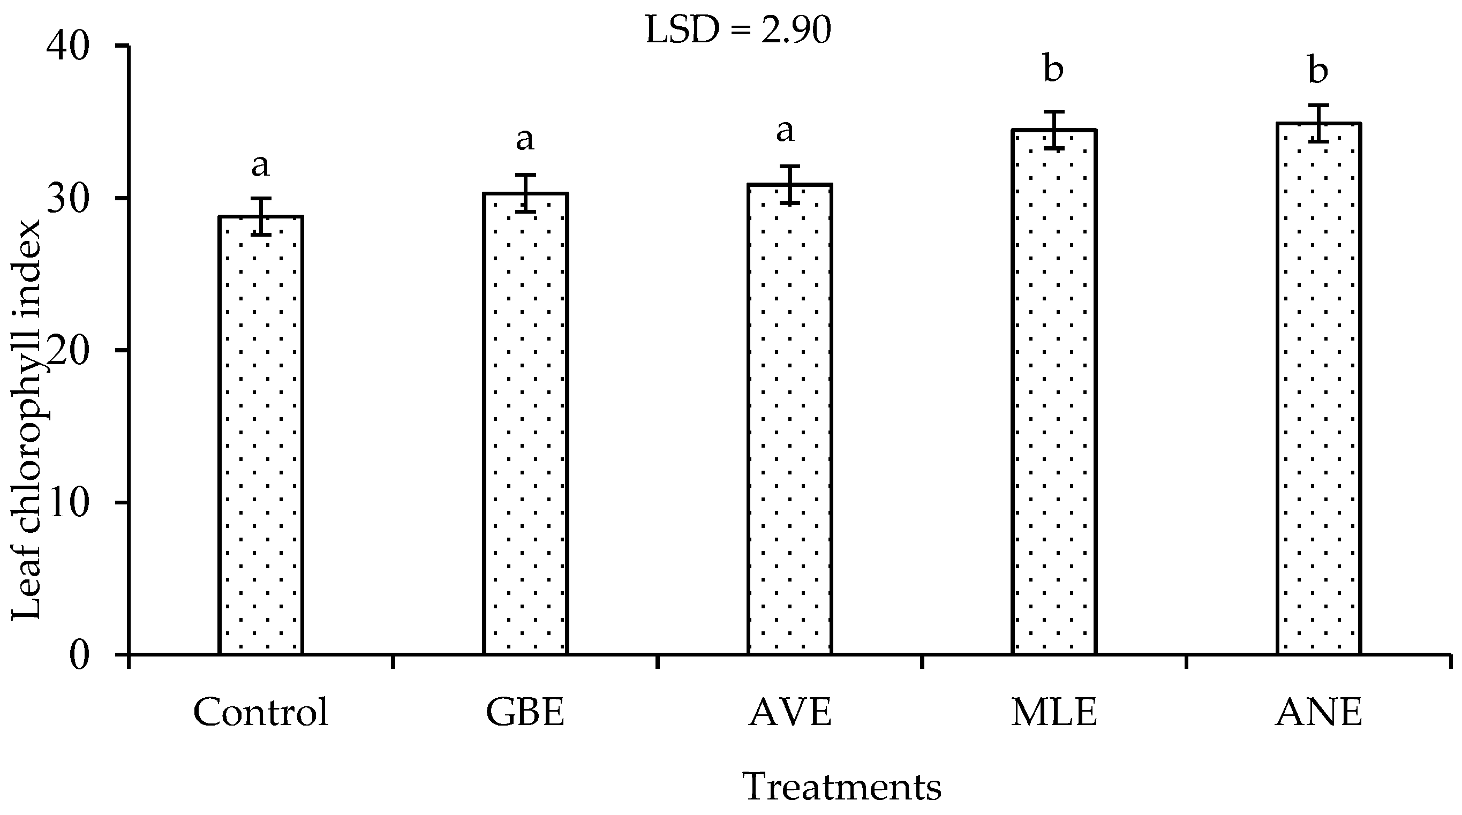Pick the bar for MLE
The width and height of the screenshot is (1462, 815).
1054,391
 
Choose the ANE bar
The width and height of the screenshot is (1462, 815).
1318,388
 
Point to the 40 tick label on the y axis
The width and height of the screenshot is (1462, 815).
69,47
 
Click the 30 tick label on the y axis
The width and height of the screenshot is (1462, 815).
69,199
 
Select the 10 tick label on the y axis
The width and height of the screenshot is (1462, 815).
69,503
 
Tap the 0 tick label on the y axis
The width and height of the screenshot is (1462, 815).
80,655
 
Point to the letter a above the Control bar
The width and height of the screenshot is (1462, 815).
260,165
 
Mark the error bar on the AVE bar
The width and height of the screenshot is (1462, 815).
789,184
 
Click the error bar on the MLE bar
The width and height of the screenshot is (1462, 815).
1054,130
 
